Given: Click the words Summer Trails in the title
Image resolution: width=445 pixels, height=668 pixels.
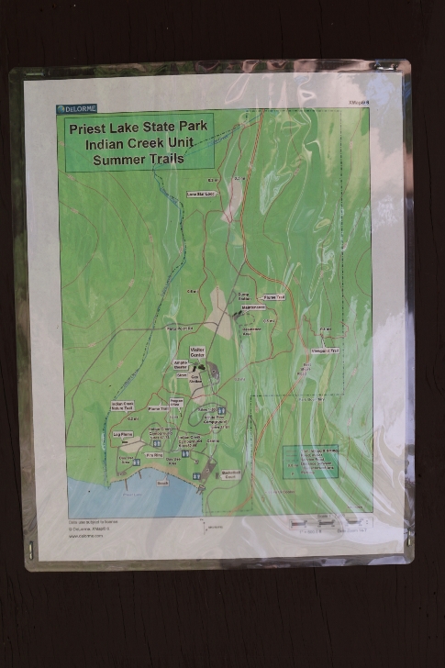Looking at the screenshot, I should pyautogui.click(x=139, y=158).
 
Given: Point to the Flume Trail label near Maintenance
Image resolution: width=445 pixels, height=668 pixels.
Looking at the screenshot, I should pyautogui.click(x=274, y=297).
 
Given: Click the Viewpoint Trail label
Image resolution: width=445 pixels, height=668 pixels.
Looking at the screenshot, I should pyautogui.click(x=325, y=350).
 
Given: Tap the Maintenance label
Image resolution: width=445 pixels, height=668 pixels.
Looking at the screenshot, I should pyautogui.click(x=252, y=306).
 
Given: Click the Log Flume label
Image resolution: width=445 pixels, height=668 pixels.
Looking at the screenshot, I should pyautogui.click(x=122, y=434).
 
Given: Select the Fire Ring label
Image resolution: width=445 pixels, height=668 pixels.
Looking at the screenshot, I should pyautogui.click(x=154, y=454).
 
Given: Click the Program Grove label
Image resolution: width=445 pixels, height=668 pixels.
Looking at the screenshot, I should pyautogui.click(x=177, y=402).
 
